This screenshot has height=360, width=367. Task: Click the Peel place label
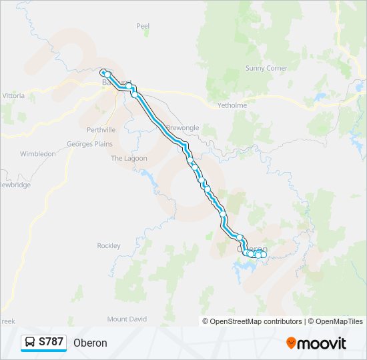(143, 26)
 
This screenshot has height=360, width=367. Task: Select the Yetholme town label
(232, 105)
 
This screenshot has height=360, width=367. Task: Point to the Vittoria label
(13, 96)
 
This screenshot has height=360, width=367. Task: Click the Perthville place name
(101, 129)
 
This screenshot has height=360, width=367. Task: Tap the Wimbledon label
(38, 154)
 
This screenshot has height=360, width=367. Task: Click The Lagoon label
(125, 159)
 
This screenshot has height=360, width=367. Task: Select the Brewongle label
(182, 127)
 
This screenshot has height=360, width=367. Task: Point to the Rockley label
(109, 246)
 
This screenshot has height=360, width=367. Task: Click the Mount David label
(127, 319)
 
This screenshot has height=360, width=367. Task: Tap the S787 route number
(51, 342)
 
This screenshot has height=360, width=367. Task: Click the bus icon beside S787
(31, 343)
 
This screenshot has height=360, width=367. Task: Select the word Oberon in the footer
(90, 343)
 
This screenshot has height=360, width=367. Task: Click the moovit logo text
(322, 343)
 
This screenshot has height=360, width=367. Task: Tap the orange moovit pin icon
(291, 343)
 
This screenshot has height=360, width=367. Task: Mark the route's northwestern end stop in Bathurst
(103, 73)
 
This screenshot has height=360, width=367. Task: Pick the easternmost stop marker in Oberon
(264, 255)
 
